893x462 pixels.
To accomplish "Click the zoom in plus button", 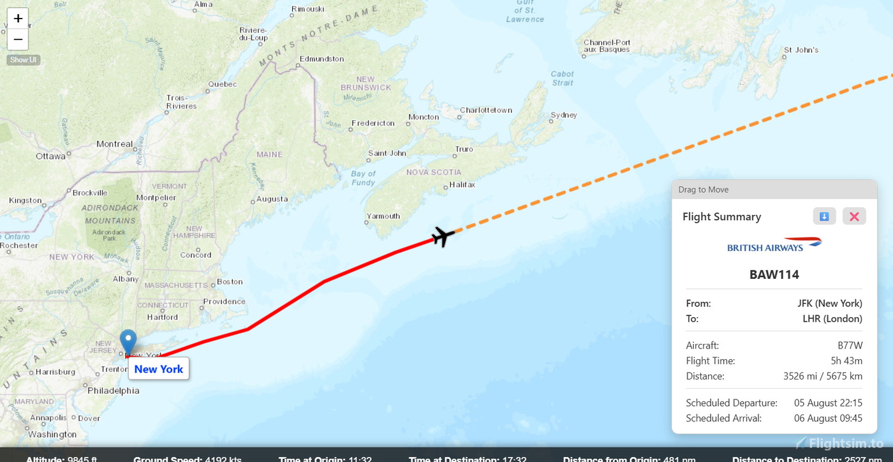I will (x=18, y=19).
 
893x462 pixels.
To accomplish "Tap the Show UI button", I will (x=24, y=60).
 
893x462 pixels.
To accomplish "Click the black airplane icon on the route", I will (x=443, y=236).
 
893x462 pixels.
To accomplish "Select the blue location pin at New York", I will (x=128, y=342).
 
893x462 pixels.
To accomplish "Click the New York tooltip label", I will (x=158, y=369).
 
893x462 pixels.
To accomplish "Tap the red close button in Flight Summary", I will (x=854, y=216).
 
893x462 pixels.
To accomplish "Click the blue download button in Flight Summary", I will (x=824, y=216).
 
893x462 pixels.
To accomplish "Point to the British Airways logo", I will (x=774, y=245).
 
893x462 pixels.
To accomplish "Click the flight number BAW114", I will (x=774, y=274).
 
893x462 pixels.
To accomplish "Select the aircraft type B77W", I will (x=850, y=345).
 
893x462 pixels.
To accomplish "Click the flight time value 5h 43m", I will (x=846, y=361).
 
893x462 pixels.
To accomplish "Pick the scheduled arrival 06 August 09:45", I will (x=828, y=418).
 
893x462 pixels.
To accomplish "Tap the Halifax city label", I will (x=462, y=184).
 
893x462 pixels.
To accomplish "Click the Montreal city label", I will (x=114, y=144).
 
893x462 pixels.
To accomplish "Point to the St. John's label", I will (x=801, y=50).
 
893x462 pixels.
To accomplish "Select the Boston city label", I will (x=230, y=281).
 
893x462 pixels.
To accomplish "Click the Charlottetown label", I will (x=485, y=110).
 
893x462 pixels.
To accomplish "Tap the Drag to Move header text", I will (x=703, y=190).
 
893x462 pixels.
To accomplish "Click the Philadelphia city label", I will (x=113, y=391).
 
